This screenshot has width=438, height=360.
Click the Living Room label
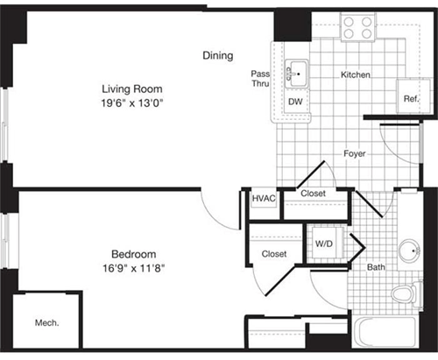point(132,88)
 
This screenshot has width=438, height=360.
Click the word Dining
point(218,55)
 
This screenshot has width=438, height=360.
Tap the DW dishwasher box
point(295,101)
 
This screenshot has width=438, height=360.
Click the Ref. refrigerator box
point(410,97)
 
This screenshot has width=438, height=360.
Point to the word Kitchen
point(356,75)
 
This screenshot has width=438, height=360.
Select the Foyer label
point(354,154)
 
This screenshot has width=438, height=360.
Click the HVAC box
point(264,199)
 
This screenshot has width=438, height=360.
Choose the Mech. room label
point(46,323)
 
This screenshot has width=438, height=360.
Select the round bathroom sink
point(407,251)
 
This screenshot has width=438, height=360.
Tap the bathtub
point(385,336)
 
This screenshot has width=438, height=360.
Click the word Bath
point(376,267)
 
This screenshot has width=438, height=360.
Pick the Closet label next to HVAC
point(314,194)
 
